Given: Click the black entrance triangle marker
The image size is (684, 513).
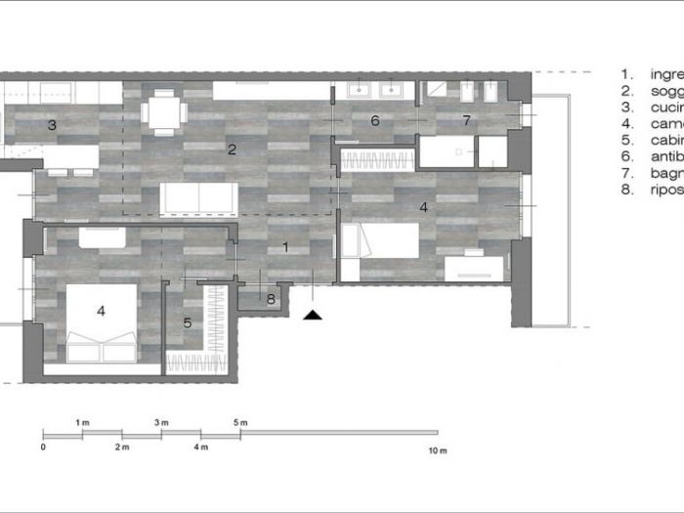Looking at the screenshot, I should [x=312, y=315].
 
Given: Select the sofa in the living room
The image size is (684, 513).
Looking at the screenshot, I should [x=199, y=197].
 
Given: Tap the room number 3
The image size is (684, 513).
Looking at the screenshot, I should [x=52, y=125].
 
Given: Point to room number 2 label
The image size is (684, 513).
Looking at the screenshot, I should [x=232, y=150].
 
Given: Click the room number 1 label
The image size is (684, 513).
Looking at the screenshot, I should [x=285, y=247].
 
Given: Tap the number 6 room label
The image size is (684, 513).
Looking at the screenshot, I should [x=374, y=121].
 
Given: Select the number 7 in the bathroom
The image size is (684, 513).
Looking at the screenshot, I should [x=466, y=121].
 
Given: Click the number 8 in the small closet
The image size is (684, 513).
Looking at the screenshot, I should [x=271, y=300].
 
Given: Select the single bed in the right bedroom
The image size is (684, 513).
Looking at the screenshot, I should [x=383, y=240].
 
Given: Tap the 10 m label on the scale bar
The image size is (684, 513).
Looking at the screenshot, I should [x=437, y=450].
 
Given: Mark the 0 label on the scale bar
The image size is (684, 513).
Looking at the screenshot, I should [x=44, y=448].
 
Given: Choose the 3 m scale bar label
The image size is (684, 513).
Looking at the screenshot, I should [x=161, y=422].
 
